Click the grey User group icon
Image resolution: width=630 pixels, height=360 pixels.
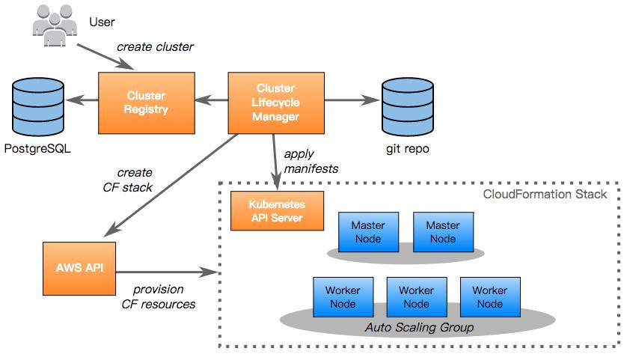(55, 25)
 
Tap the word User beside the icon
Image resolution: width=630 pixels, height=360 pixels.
(102, 22)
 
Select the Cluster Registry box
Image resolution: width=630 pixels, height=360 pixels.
(147, 103)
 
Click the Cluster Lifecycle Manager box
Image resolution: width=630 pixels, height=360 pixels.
(276, 103)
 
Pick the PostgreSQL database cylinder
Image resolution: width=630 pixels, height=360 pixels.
(38, 107)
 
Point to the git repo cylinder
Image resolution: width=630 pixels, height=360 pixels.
(408, 107)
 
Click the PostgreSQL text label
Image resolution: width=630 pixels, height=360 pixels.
(37, 149)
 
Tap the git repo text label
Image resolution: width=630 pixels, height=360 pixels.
(408, 149)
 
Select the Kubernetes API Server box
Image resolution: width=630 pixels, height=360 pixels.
(277, 211)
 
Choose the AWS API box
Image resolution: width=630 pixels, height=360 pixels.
(79, 269)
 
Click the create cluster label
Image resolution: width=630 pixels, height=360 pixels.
(155, 47)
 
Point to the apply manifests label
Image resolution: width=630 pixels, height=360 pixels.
(311, 161)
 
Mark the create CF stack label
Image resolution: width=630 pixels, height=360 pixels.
(128, 180)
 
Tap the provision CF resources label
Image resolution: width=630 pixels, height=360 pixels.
(159, 296)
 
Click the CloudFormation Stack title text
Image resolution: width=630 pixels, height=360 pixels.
(545, 194)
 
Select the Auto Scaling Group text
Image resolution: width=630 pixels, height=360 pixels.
(419, 327)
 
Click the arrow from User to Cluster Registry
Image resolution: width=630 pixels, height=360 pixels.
(105, 57)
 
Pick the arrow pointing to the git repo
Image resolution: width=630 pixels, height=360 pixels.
(352, 100)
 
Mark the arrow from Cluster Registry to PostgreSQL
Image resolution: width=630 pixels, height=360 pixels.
(82, 100)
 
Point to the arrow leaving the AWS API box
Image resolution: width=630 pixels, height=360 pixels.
(167, 272)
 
